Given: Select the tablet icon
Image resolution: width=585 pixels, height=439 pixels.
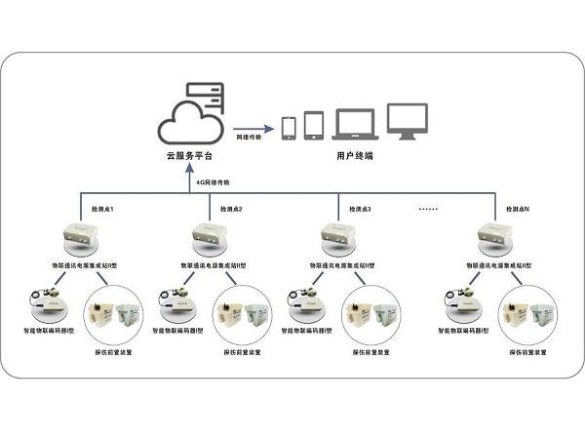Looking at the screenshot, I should pos(314,125).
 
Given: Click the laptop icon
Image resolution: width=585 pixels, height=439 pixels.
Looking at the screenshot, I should pos(354,125).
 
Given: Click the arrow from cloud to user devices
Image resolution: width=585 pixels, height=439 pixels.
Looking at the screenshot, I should pos(253,128).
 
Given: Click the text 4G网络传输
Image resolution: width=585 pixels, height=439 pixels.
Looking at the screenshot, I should pos(213,182).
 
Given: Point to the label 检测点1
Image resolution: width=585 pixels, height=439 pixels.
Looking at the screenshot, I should pos(102,210).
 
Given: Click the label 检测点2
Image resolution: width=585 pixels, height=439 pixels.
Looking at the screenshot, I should pos(232,210).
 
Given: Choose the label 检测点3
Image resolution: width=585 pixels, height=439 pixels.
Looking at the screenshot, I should pos(360,210).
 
